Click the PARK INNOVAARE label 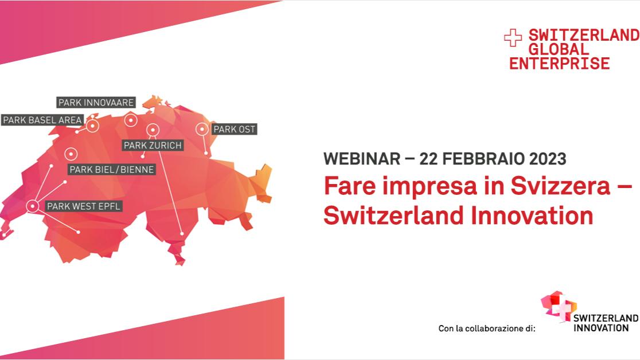96,103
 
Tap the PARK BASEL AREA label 42,120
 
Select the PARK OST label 235,130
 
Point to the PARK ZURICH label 153,145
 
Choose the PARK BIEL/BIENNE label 111,169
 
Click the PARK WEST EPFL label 84,206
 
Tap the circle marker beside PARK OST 202,129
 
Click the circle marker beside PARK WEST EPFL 33,206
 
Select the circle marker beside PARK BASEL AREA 93,126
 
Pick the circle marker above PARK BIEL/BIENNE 71,154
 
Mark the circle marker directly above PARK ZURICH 153,130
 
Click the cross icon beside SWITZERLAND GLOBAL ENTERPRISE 513,38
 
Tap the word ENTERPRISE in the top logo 559,64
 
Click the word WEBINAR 362,159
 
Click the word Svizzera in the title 560,186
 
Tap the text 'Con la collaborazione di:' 487,328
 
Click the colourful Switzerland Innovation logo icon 559,306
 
